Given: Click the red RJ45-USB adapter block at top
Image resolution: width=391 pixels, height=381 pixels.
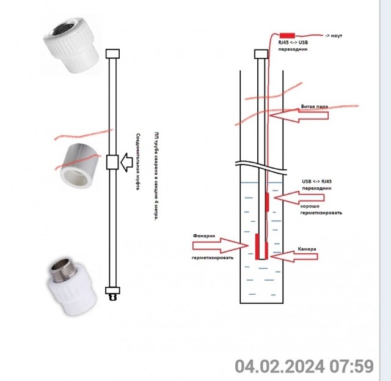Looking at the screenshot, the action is pos(287,35).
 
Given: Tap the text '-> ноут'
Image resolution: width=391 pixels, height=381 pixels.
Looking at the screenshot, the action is pos(334,35).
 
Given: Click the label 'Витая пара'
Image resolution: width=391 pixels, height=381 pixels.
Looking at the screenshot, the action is pos(315,106).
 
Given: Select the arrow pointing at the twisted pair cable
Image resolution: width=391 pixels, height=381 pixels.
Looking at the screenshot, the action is pos(299,116).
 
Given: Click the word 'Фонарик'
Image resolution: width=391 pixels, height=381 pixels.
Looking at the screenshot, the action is pos(204,235).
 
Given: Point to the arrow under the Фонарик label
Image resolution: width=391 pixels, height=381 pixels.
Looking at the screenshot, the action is pos(221,246).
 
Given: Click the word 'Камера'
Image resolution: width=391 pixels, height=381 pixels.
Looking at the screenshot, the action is pos(307,249).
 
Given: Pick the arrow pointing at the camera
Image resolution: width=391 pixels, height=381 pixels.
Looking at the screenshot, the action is pos(294,256).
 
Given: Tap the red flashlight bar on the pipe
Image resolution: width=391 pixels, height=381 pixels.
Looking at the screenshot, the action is pos(257,246).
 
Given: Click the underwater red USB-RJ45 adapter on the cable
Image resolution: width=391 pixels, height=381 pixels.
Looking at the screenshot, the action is pos(267,202).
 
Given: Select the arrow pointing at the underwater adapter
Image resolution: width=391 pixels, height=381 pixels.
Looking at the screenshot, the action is pos(299,198).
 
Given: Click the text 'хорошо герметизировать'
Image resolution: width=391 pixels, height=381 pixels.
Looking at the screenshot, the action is pos(321,210).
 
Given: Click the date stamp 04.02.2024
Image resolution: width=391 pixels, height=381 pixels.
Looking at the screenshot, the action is pos(280,366).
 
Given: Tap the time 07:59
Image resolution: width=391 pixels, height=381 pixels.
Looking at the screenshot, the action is pos(352,366).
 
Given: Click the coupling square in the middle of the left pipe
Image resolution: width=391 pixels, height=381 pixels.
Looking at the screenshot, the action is pos(112,162).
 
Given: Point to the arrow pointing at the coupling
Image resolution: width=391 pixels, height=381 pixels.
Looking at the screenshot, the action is pos(126,163).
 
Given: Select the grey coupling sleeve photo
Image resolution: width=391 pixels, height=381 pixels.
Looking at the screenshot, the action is pos(78,166).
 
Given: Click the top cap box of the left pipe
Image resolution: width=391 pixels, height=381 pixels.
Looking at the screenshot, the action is pos(112,54).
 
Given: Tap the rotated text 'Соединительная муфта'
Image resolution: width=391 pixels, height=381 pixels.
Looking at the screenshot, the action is pos(138,161).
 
